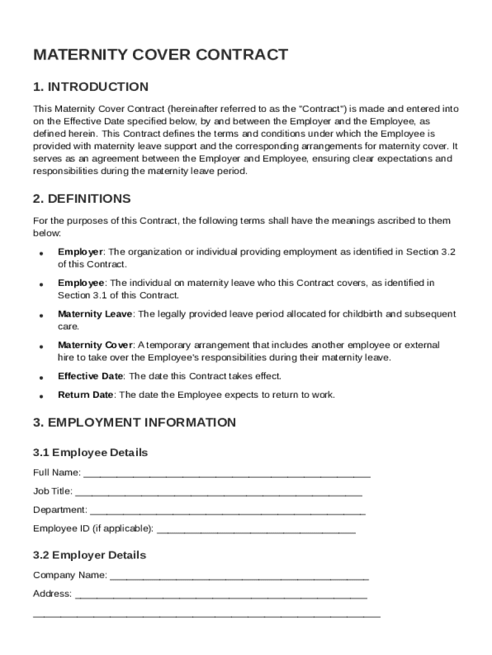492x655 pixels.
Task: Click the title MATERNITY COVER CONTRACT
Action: point(160,55)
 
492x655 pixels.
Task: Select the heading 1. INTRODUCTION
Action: point(91,87)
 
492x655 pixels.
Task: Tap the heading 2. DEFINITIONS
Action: point(82,199)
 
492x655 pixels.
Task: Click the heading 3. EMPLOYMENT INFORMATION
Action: point(134,423)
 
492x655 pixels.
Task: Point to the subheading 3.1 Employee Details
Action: point(90,453)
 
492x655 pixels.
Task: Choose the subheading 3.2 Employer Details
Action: point(89,555)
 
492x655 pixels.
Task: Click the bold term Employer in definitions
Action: point(81,252)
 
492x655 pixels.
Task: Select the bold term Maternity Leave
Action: point(95,314)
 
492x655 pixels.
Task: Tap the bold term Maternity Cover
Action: point(95,345)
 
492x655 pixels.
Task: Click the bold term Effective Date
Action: point(91,376)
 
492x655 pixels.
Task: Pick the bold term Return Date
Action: point(86,395)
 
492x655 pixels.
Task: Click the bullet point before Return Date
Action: point(41,397)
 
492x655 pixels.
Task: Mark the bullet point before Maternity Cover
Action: point(41,347)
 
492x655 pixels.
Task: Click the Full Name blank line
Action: point(227,475)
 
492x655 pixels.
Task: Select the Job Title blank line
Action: point(219,493)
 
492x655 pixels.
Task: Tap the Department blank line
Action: point(228,512)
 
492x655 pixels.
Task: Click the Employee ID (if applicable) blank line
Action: point(256,530)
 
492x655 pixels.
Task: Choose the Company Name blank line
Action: point(239,576)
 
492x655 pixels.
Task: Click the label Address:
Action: point(52,594)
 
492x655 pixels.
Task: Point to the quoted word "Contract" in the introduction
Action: point(322,109)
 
